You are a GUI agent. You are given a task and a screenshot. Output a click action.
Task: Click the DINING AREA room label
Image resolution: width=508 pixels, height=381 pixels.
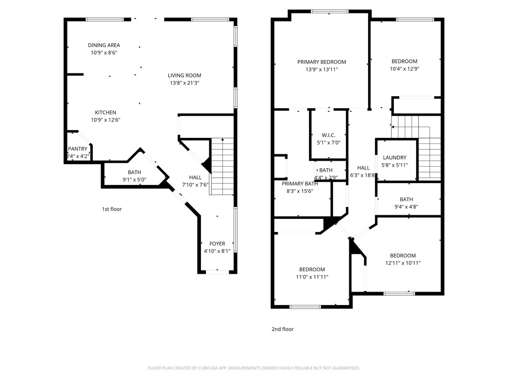coord(104,45)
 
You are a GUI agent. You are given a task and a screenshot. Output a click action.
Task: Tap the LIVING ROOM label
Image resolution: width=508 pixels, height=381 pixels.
coord(184,75)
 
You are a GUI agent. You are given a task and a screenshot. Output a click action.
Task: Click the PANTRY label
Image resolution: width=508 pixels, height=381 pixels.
coord(77,149)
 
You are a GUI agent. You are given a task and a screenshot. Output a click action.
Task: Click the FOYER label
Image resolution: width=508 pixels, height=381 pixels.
coord(217,244)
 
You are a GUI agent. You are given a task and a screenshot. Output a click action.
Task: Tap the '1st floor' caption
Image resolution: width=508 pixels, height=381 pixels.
coord(112,209)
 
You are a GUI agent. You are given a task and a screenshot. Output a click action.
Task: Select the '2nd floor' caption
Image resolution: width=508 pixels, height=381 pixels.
coord(282,329)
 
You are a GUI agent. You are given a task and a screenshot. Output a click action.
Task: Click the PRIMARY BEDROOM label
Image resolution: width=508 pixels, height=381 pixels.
coord(321,62)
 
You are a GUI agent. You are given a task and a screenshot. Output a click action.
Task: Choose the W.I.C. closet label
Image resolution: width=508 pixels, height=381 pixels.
coord(328,135)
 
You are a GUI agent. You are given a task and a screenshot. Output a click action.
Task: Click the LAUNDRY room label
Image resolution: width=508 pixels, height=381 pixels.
coord(394,158)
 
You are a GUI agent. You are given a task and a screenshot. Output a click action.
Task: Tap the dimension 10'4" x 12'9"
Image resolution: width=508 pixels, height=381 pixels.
coord(404,69)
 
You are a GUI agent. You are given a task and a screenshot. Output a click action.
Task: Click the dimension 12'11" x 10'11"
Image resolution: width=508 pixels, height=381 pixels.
coord(402,263)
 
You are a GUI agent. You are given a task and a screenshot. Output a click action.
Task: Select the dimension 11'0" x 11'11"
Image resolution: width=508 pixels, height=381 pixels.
coord(312,277)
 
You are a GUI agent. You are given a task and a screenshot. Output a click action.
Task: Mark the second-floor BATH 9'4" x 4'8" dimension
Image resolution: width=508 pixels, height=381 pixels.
coord(406,207)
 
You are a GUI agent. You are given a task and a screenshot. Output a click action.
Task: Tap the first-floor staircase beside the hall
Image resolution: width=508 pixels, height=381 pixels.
coord(222,166)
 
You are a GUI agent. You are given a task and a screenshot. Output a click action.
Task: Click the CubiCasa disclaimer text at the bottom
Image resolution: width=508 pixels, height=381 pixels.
coord(254,368)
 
